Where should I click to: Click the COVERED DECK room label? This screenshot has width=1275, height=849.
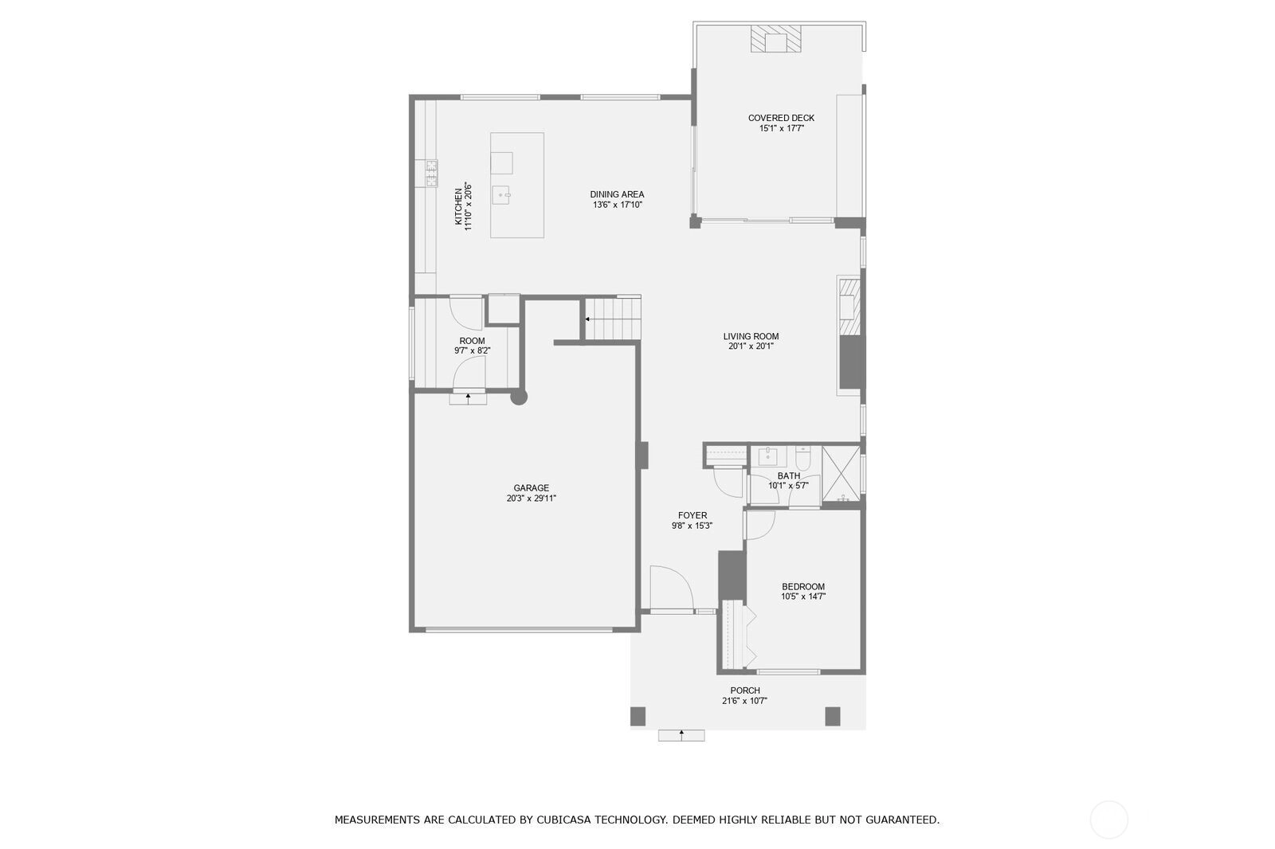click(781, 118)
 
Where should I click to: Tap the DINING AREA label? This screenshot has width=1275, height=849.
click(617, 194)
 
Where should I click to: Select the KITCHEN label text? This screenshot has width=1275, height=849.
click(458, 206)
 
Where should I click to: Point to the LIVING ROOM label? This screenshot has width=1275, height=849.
click(751, 336)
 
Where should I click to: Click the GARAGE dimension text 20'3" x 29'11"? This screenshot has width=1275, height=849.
click(531, 499)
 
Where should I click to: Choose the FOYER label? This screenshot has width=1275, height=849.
click(692, 515)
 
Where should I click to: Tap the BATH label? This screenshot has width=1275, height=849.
click(788, 475)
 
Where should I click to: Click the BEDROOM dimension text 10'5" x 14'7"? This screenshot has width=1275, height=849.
click(803, 597)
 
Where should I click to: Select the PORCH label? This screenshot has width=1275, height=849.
click(745, 691)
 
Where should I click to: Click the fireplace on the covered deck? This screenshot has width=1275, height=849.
click(775, 39)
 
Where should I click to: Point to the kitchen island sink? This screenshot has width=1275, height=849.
click(502, 195)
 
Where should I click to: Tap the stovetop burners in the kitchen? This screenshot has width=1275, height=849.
click(432, 173)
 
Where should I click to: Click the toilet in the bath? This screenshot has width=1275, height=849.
click(802, 457)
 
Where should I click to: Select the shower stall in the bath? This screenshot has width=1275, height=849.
click(841, 474)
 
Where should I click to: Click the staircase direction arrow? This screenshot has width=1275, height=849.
click(586, 320)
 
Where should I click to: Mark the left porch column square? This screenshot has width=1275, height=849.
click(638, 717)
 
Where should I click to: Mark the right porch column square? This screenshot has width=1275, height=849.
click(833, 717)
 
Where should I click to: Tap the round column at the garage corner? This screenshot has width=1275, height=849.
click(519, 397)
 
